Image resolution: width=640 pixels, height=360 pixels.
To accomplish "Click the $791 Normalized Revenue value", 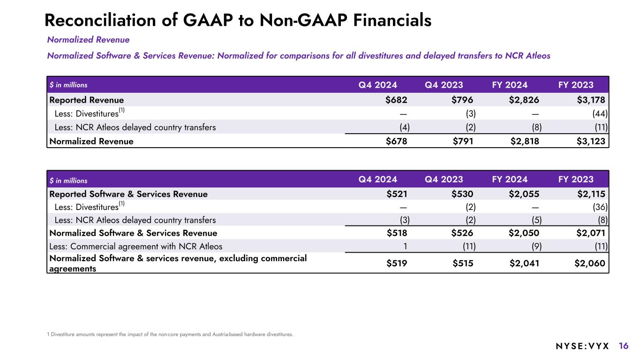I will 463,141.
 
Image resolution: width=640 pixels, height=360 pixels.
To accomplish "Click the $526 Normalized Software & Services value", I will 463,233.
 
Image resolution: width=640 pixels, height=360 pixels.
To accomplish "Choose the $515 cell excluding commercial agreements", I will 463,263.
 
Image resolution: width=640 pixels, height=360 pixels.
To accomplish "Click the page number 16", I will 624,346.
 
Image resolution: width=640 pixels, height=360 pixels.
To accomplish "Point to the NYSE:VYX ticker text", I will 582,346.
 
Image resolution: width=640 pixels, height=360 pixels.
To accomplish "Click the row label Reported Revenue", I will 87,100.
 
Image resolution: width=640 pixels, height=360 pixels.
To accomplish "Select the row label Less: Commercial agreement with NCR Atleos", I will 136,246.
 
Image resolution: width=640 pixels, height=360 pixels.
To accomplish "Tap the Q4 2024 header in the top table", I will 378,85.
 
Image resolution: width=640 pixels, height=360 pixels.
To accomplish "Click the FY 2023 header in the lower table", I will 576,179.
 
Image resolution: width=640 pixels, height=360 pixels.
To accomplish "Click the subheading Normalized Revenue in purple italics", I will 88,40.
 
